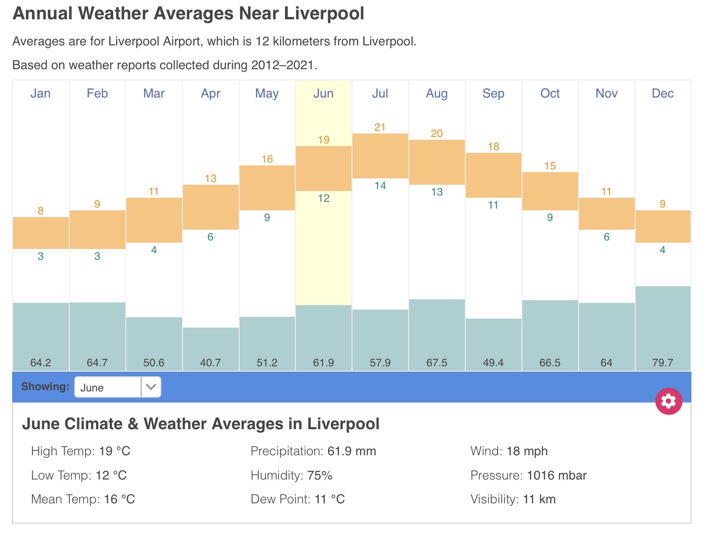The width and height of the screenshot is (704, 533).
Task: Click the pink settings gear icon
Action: (x=668, y=401)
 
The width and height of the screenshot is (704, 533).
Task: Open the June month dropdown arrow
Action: (x=151, y=387)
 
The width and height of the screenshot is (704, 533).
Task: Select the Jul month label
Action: (x=380, y=93)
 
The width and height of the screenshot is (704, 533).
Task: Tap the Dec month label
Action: (x=662, y=93)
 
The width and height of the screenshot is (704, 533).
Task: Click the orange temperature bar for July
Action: (x=380, y=156)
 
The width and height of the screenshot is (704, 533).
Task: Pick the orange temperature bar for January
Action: (x=41, y=233)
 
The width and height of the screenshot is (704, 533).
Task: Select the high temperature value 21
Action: (x=380, y=127)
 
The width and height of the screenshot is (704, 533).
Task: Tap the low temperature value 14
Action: (x=380, y=186)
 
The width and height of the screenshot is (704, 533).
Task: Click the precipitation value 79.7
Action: (x=662, y=363)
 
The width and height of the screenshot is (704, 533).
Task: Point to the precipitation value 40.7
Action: (x=210, y=363)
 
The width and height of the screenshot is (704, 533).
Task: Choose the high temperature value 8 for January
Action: (x=41, y=211)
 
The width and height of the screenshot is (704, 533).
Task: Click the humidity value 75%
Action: (x=320, y=475)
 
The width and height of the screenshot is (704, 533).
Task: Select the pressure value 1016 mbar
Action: (x=557, y=475)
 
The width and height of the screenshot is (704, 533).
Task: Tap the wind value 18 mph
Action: (x=527, y=451)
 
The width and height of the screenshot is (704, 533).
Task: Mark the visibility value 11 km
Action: (x=539, y=499)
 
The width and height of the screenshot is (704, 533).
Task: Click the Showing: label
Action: (x=45, y=386)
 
